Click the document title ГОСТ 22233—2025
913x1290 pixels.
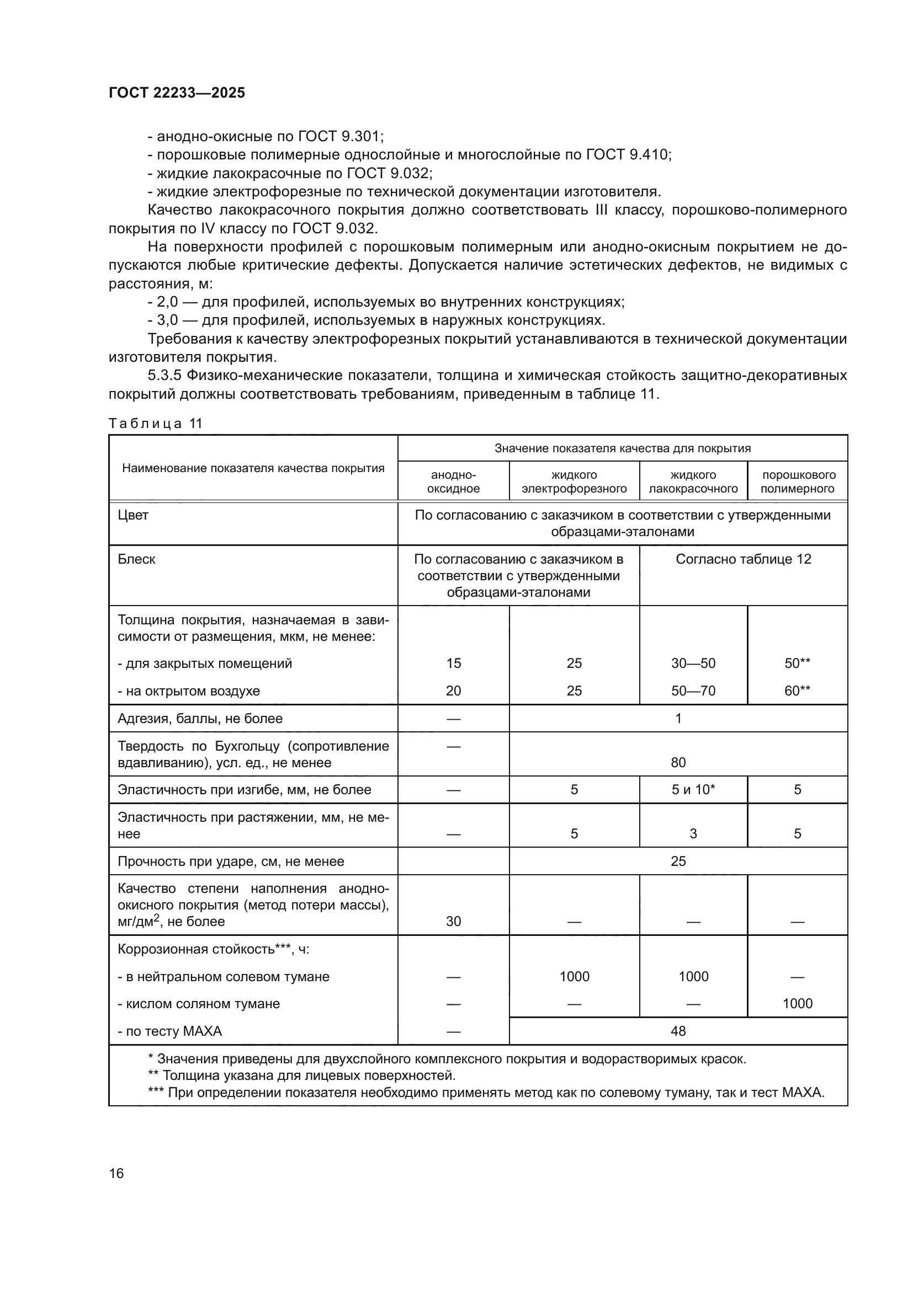pos(177,93)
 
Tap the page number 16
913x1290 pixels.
pos(116,1173)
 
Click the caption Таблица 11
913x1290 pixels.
pos(155,424)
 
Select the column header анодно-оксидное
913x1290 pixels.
pos(453,481)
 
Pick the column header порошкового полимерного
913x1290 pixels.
pos(797,481)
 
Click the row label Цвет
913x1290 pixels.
pos(133,515)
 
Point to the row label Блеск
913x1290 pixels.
pos(136,559)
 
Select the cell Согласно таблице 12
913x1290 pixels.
pos(743,559)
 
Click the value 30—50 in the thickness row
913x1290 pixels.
pos(693,663)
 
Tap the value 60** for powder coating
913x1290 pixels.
pos(797,691)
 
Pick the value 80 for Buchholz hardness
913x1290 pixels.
pos(678,762)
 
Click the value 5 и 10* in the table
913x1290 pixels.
pos(693,789)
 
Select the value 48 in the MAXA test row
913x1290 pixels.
pos(678,1031)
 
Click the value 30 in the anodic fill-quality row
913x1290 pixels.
pos(453,922)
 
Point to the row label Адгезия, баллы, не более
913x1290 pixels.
pos(200,719)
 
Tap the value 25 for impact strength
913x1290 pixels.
pos(678,861)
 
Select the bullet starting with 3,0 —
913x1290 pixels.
pos(376,320)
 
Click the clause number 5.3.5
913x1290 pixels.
pos(164,376)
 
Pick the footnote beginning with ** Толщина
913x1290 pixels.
pos(302,1075)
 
